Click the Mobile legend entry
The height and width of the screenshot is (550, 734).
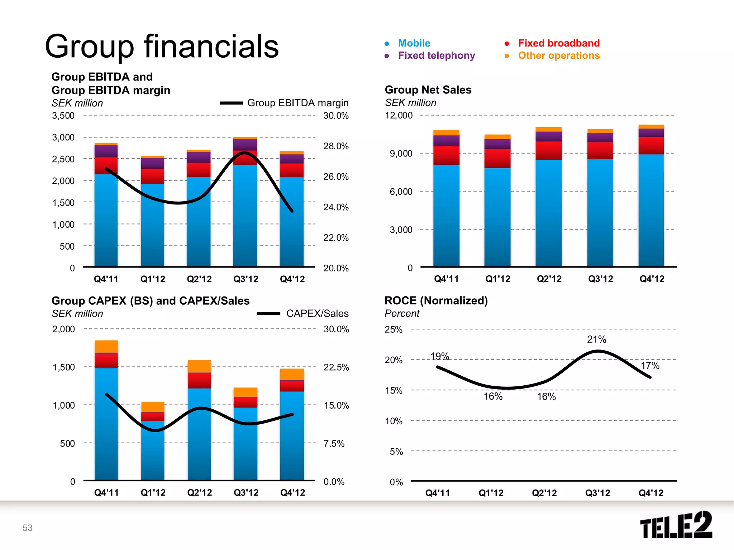(x=414, y=43)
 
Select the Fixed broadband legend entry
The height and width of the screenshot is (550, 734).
(x=558, y=43)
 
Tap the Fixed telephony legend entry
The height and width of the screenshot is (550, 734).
(x=436, y=56)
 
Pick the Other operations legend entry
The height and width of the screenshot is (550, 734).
(x=558, y=56)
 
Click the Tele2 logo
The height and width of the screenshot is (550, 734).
(x=676, y=525)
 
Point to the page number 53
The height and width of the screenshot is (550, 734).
(x=28, y=528)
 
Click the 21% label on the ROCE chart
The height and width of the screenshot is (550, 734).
(x=596, y=339)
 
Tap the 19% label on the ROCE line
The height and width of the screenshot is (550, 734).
(x=439, y=356)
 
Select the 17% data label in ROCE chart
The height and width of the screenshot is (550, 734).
(x=650, y=366)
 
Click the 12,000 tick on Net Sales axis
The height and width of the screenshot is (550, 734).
(x=399, y=115)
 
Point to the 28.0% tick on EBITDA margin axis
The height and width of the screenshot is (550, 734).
(x=336, y=146)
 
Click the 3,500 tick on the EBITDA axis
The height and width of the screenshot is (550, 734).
(x=63, y=116)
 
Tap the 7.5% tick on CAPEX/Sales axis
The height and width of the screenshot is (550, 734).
(x=334, y=444)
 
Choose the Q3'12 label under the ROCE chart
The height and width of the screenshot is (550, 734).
(x=597, y=493)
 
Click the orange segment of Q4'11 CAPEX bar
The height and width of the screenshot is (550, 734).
(x=106, y=346)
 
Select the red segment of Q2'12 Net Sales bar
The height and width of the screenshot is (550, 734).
(x=548, y=150)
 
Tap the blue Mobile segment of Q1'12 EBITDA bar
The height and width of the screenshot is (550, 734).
(x=153, y=226)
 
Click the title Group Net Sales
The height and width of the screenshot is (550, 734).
(x=428, y=90)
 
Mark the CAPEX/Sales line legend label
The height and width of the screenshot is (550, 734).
(x=317, y=314)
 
